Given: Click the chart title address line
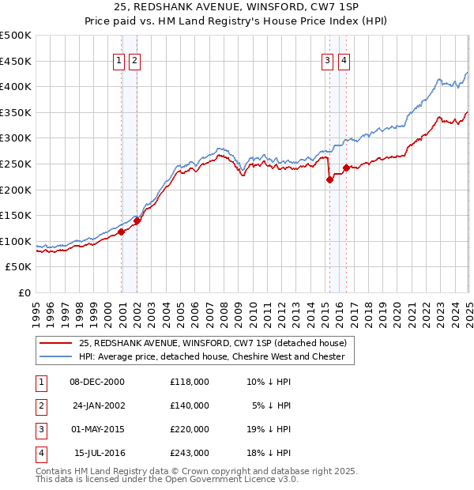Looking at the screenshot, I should coord(237,8).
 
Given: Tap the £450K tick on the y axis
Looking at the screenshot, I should coord(16,61).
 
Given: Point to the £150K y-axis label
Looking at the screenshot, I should coord(16,215).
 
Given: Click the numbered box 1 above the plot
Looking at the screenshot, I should coord(118,61).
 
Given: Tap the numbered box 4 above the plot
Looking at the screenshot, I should coord(344,61).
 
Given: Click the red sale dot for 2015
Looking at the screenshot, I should coord(329,180).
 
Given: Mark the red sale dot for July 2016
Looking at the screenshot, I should coord(347,168).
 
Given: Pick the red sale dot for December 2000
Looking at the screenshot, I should coord(122,232).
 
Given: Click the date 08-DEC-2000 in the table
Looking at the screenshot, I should coord(97,381).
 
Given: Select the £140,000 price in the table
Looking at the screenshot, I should coord(190,405).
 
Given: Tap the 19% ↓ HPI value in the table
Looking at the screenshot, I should coord(269,429).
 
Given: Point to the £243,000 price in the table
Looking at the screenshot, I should coord(190,453).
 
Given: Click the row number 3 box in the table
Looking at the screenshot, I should coord(40,429).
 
